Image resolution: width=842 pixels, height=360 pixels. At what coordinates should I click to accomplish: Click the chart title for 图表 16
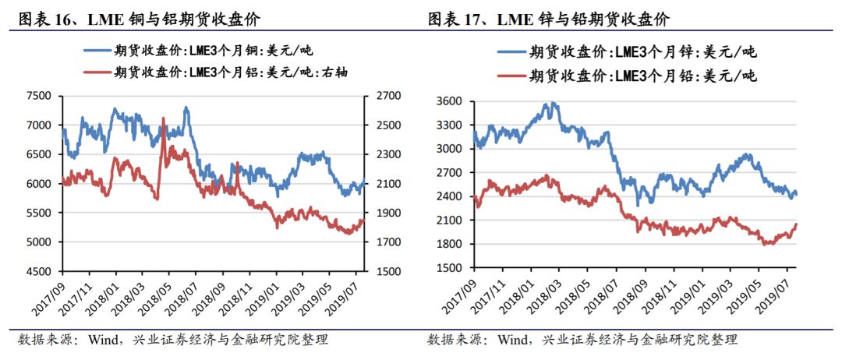click(140, 19)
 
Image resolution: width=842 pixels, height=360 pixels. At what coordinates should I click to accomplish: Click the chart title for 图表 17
click(548, 19)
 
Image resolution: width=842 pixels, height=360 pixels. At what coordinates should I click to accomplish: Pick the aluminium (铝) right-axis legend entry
click(216, 72)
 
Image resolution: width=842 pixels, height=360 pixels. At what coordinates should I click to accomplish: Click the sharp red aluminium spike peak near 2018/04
click(163, 118)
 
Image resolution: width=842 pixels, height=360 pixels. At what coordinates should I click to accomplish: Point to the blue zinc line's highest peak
click(551, 103)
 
